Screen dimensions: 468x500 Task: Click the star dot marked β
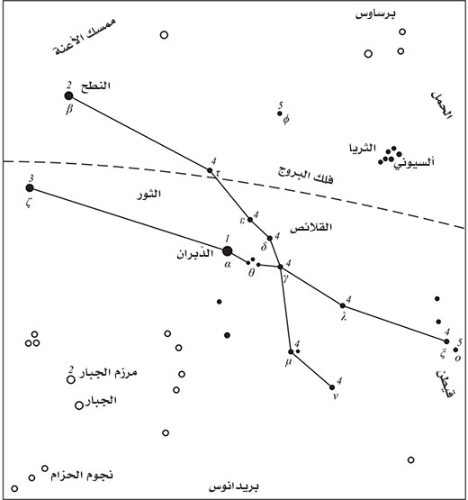coord(68,95)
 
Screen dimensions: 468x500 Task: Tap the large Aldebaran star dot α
coord(227,251)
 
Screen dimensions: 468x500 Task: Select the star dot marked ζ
coord(30,187)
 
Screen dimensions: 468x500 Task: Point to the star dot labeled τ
coord(210,170)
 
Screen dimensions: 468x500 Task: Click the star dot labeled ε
coord(250,220)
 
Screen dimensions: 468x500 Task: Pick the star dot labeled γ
coord(281,267)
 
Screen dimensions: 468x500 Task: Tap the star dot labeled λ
coord(343,305)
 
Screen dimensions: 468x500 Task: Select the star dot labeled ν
coord(332,387)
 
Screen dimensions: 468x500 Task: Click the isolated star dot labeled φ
coord(280,114)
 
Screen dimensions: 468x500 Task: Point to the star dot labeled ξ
coord(446,341)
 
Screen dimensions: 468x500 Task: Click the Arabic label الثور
coord(149,194)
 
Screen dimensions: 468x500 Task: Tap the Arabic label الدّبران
coord(195,254)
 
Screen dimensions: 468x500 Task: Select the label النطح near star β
coord(95,86)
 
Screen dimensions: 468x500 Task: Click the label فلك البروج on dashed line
coord(305,177)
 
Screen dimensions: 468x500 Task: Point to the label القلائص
coord(310,227)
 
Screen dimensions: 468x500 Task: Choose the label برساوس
coord(375,14)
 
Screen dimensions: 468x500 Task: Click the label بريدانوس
coord(234,486)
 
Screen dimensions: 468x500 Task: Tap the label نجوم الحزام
coord(82,475)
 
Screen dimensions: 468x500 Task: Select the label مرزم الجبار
coord(108,373)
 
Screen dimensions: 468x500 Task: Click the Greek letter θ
coord(251,273)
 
